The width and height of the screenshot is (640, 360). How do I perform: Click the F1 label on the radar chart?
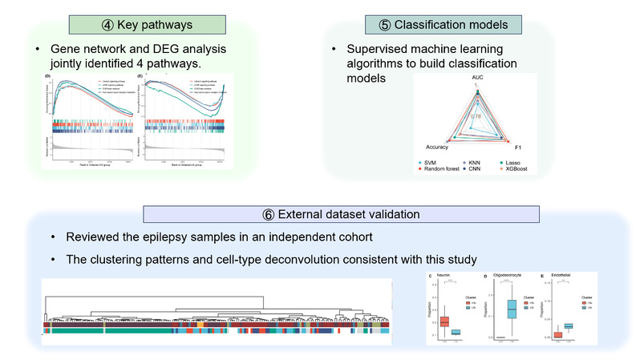click(x=518, y=148)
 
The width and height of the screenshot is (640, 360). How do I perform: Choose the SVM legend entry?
click(x=435, y=163)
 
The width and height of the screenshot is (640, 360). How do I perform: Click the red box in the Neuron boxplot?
click(x=444, y=322)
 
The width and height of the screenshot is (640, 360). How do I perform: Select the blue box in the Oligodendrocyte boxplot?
click(x=512, y=308)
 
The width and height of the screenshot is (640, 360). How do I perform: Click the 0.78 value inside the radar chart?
click(x=476, y=115)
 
